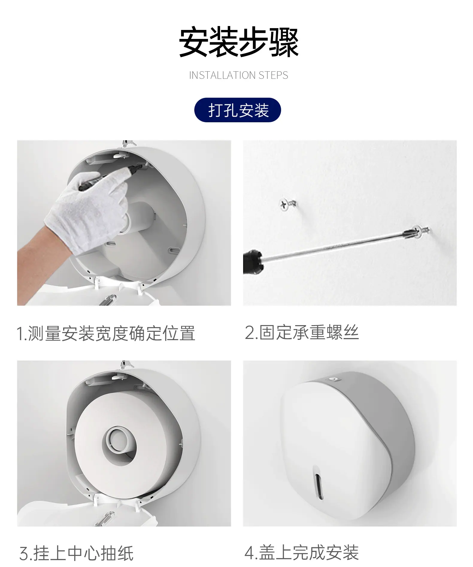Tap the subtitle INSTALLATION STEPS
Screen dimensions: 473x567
239,75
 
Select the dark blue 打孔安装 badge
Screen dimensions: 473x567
238,110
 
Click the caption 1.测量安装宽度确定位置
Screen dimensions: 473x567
106,334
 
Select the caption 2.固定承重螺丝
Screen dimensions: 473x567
301,332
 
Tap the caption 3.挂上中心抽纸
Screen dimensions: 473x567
76,553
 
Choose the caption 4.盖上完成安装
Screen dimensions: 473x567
301,552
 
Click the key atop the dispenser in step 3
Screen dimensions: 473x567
126,364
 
